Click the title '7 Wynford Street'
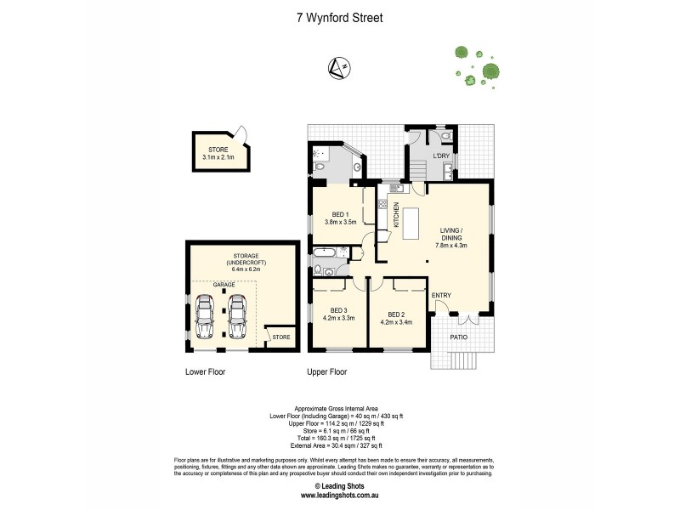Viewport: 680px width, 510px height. click(339, 17)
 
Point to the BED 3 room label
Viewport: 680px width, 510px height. click(339, 314)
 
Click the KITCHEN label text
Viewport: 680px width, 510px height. click(396, 214)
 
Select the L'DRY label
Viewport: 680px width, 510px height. click(441, 158)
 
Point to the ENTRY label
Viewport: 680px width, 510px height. click(441, 295)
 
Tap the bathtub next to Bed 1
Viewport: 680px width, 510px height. click(326, 252)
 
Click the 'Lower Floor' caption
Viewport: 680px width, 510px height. click(205, 371)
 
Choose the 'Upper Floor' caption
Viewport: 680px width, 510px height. click(327, 371)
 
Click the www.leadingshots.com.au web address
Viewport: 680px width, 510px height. click(339, 494)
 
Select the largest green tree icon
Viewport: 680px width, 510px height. click(490, 71)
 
